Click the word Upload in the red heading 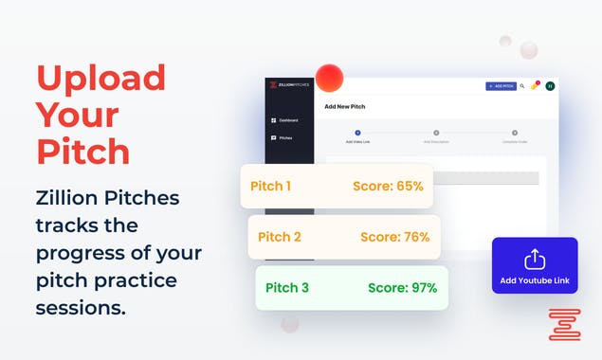[100, 78]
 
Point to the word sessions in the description [81, 308]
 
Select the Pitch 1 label [270, 186]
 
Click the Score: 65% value [387, 186]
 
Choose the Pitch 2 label [279, 237]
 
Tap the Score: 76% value [394, 237]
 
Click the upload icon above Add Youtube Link [535, 258]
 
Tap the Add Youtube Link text [535, 279]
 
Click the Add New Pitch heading [345, 107]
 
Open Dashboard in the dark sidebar [287, 120]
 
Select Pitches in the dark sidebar [284, 138]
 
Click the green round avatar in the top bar [550, 86]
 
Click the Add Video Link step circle [357, 133]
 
